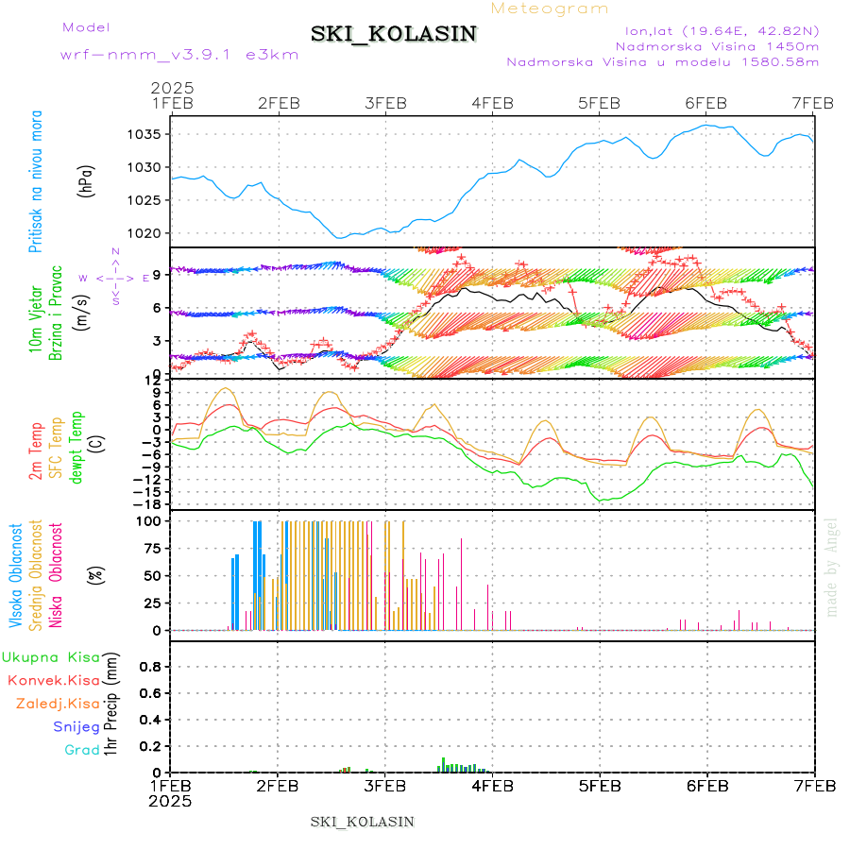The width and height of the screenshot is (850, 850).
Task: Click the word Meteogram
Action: click(551, 8)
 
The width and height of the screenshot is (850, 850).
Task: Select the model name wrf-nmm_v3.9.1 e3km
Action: click(179, 55)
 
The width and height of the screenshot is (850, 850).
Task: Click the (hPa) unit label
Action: click(87, 180)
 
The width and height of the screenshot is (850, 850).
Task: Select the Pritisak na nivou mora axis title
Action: click(36, 182)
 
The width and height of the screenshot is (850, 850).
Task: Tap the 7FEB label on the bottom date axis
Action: click(813, 786)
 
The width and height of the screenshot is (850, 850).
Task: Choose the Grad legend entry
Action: click(82, 750)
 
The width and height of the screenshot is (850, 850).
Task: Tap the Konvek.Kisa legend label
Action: click(53, 680)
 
